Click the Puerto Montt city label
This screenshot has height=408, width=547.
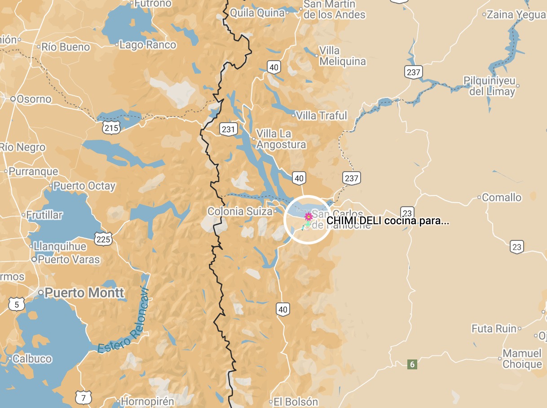[84, 293]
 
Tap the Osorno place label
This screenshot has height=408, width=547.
[34, 99]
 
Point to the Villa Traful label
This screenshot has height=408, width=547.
[322, 115]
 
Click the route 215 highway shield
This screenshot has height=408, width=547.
[111, 128]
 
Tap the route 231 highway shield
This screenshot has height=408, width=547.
[229, 130]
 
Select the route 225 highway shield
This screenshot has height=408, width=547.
[103, 239]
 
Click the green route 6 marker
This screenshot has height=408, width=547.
[412, 364]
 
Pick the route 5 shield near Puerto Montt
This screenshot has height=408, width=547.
[16, 305]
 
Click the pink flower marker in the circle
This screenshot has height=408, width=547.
[309, 217]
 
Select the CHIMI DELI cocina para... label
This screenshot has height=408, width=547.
[388, 221]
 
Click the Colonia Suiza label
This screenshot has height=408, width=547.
[240, 211]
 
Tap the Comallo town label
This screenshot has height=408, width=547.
[502, 197]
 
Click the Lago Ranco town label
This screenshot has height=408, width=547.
[148, 45]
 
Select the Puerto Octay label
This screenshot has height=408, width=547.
[84, 186]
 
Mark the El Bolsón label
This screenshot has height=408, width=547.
[296, 402]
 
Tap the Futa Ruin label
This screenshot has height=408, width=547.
[494, 329]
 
